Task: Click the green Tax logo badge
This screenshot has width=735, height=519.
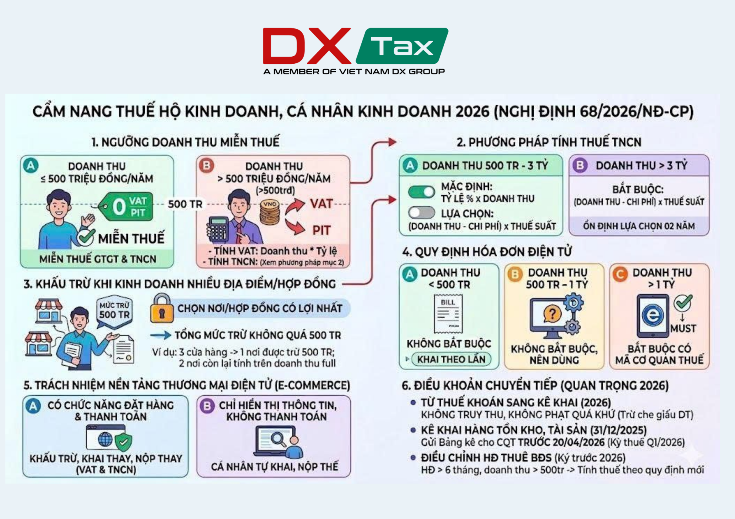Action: pos(402,46)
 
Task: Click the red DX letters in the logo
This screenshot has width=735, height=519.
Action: pos(306,46)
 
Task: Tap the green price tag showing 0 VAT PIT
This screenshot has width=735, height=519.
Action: pos(126,206)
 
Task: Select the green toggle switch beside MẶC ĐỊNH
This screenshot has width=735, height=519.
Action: pos(421,192)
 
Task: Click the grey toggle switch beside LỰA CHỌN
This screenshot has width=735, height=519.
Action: pos(421,213)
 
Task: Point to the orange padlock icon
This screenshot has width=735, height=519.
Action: pos(161,308)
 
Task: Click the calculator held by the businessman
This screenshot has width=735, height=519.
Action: pos(218,229)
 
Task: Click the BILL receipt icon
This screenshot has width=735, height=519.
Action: pos(448,314)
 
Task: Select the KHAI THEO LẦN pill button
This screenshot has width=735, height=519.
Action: pos(451,359)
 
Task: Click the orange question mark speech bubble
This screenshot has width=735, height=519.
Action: pos(552,314)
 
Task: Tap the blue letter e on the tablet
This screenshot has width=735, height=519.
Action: pos(653,315)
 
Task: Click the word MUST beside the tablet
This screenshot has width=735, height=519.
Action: pos(683,328)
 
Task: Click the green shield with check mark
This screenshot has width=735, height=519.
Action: pos(123,442)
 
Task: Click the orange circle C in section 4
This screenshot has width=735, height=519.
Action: pos(620,275)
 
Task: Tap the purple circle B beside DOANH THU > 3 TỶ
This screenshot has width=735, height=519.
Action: pos(580,166)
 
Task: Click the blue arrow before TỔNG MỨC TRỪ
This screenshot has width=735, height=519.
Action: pos(160,335)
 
